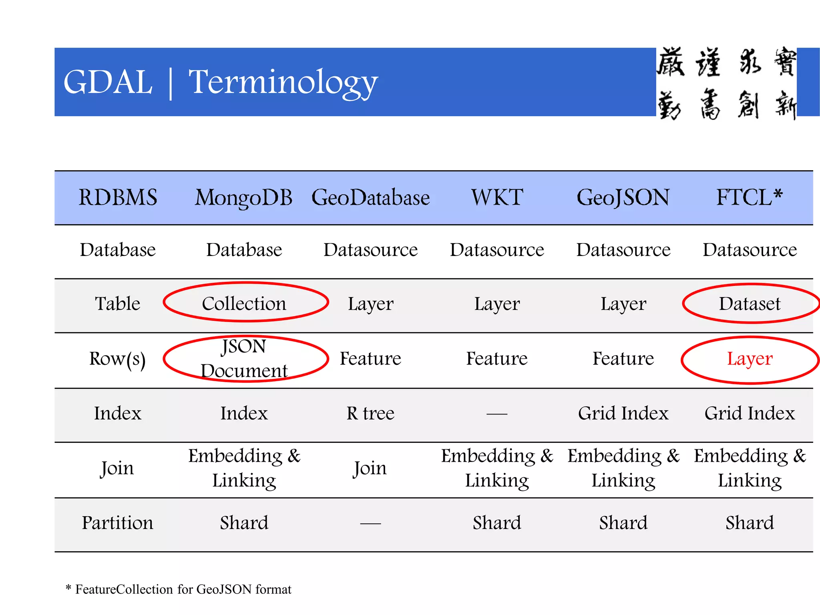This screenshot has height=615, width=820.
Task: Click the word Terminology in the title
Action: pyautogui.click(x=283, y=82)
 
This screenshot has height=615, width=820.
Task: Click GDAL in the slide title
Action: pyautogui.click(x=108, y=82)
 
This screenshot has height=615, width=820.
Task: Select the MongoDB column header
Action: pyautogui.click(x=243, y=197)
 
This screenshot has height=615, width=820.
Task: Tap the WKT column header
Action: pyautogui.click(x=497, y=197)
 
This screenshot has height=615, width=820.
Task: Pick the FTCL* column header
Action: pyautogui.click(x=749, y=197)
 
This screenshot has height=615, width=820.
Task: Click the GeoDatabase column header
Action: pyautogui.click(x=370, y=197)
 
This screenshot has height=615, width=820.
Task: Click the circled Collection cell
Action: pyautogui.click(x=244, y=303)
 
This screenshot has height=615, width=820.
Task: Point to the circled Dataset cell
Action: pyautogui.click(x=750, y=303)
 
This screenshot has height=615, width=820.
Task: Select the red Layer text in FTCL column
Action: pyautogui.click(x=750, y=359)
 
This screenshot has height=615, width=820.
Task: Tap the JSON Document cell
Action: pyautogui.click(x=244, y=358)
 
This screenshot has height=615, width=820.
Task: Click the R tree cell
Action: pyautogui.click(x=370, y=413)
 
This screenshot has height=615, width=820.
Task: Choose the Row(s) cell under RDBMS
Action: pyautogui.click(x=117, y=359)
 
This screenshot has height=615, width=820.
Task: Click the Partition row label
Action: pyautogui.click(x=117, y=523)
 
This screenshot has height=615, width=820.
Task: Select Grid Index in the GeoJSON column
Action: pyautogui.click(x=623, y=413)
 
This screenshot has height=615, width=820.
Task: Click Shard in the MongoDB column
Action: pyautogui.click(x=244, y=523)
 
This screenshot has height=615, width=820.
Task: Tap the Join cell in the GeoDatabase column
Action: pyautogui.click(x=370, y=468)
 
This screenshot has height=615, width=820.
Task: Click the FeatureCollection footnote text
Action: pyautogui.click(x=183, y=589)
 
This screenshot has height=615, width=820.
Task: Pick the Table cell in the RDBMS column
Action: pyautogui.click(x=117, y=303)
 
